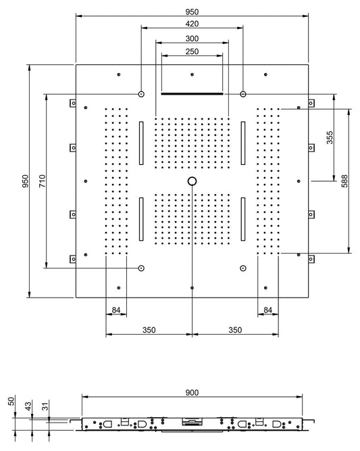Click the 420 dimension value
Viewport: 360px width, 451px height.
[192, 22]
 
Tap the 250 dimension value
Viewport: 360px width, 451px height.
[192, 52]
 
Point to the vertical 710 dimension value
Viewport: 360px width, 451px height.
[41, 181]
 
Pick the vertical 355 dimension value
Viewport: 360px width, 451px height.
[329, 137]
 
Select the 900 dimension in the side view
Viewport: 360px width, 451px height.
[192, 392]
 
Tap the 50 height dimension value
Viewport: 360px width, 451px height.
[11, 401]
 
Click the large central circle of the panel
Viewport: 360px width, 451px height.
[192, 181]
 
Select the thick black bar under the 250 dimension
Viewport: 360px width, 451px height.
[192, 94]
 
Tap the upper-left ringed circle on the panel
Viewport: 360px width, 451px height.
[141, 94]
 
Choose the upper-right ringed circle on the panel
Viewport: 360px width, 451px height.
[243, 94]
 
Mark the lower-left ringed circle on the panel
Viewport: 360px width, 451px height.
[141, 268]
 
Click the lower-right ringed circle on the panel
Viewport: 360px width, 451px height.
[243, 268]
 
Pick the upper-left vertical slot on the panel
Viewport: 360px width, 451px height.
[141, 143]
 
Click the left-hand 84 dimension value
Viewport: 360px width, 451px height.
[116, 310]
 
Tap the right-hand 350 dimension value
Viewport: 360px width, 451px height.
[236, 330]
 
